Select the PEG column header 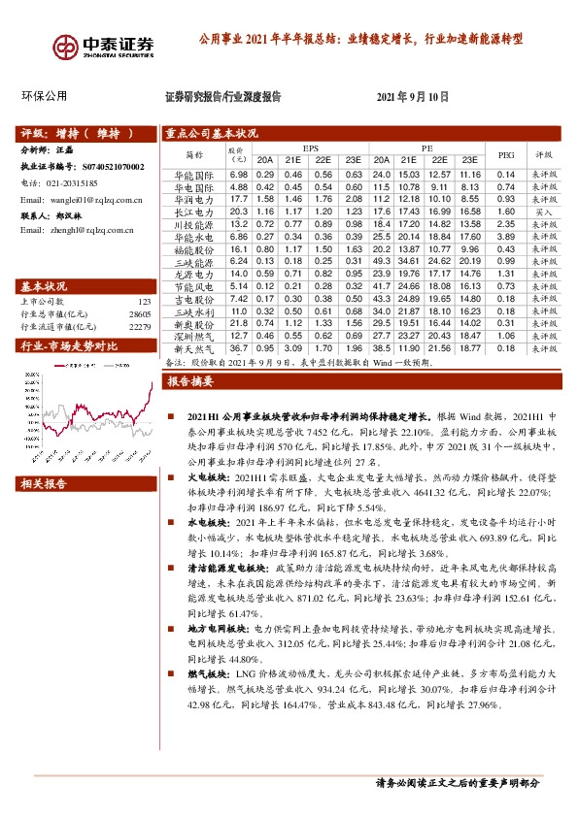pyautogui.click(x=505, y=153)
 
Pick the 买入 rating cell pyautogui.click(x=544, y=211)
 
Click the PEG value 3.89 pyautogui.click(x=505, y=237)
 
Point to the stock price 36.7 pyautogui.click(x=239, y=347)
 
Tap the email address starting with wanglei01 pyautogui.click(x=83, y=200)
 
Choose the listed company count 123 pyautogui.click(x=145, y=303)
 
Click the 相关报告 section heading pyautogui.click(x=44, y=482)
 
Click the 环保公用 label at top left pyautogui.click(x=44, y=96)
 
